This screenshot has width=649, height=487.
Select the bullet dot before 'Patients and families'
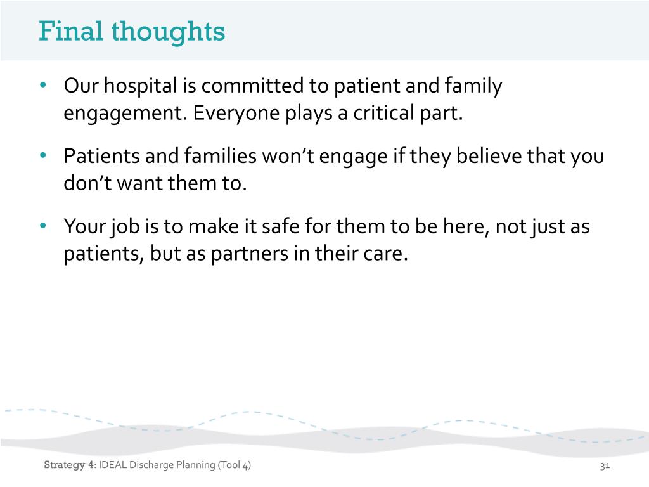(x=43, y=156)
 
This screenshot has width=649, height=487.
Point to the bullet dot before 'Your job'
(x=43, y=226)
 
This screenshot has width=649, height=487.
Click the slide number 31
(x=604, y=466)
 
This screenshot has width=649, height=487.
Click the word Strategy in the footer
(x=64, y=466)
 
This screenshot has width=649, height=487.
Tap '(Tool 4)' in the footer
(x=234, y=466)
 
